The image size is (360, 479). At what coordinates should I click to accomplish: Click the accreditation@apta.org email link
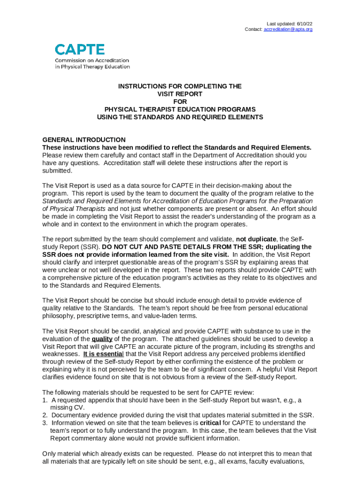coord(288,29)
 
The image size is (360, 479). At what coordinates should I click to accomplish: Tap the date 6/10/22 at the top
coord(304,23)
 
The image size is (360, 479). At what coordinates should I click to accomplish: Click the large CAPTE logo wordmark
coord(80,49)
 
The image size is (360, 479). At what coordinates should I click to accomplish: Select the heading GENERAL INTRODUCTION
coord(84,140)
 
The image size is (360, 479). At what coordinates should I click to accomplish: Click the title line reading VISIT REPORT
coord(180,94)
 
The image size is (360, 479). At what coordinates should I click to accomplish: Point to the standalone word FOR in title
coord(180,102)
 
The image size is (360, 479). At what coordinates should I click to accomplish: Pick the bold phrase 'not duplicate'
coord(255,239)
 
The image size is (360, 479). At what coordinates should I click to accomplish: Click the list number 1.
coord(44,400)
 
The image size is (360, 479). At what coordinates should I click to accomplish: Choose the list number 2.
coord(44,415)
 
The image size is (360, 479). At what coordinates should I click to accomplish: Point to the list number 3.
coord(44,423)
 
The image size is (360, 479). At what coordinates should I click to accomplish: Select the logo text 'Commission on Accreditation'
coord(92,60)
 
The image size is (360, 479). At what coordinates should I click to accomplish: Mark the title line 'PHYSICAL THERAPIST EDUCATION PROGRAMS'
coord(180,109)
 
